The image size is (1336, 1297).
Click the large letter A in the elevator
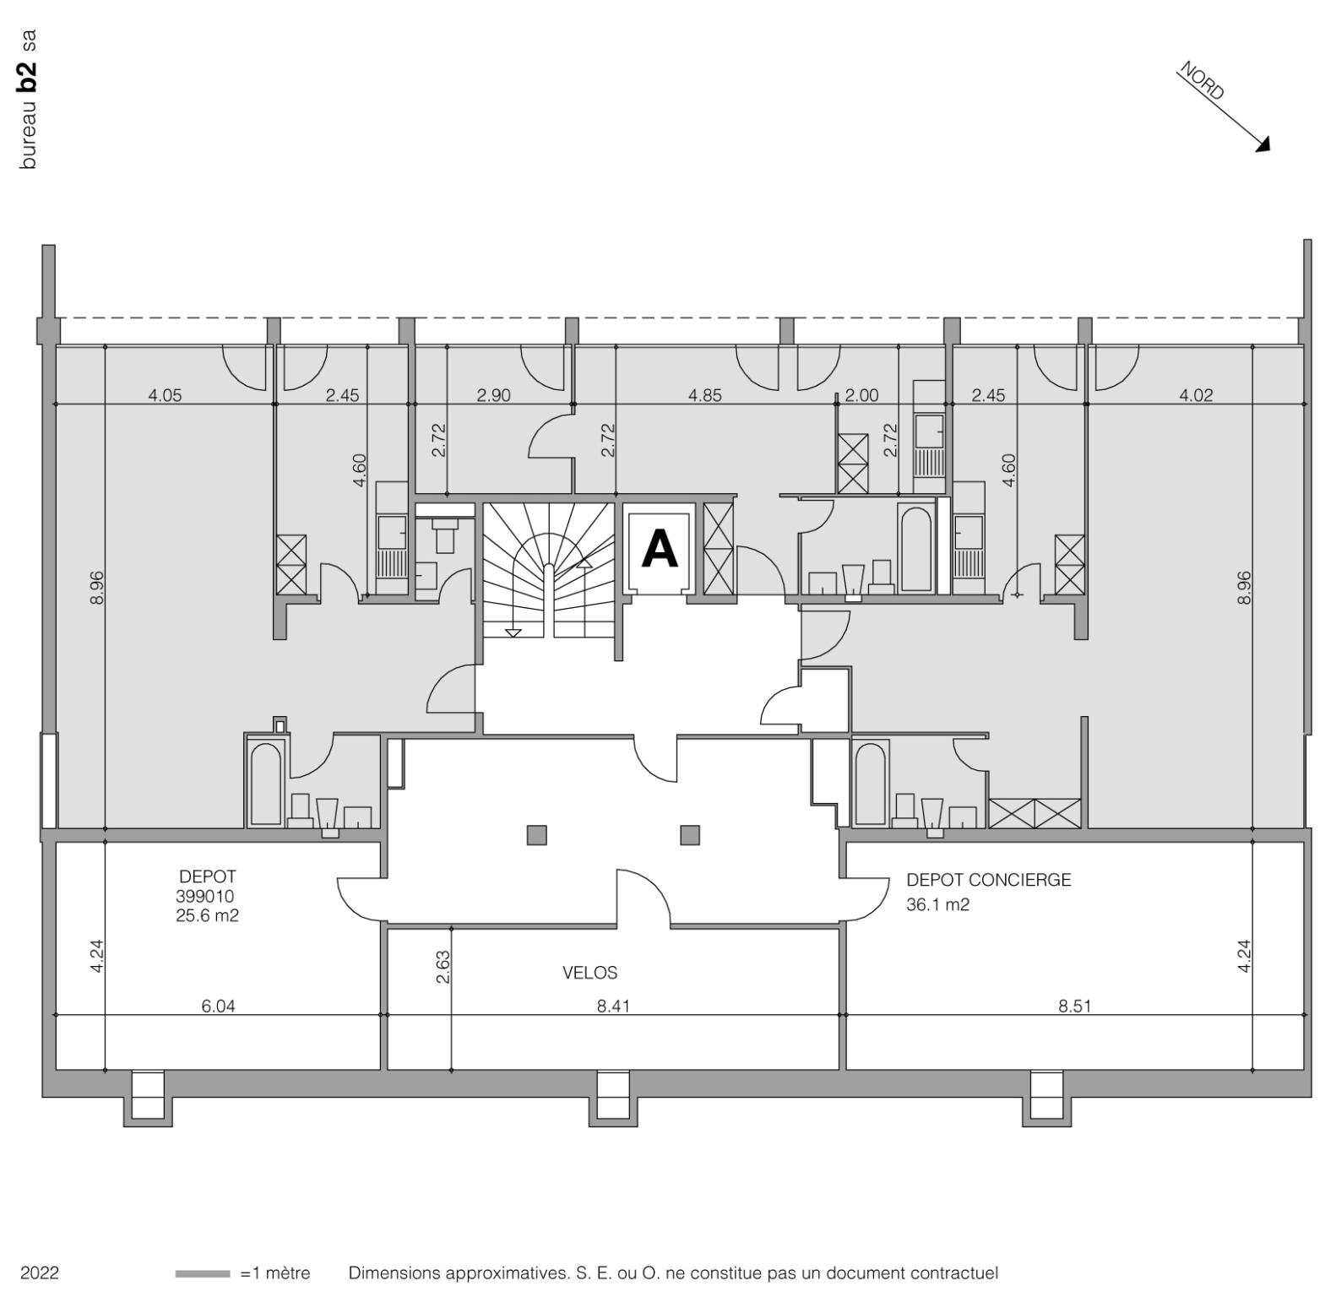[660, 549]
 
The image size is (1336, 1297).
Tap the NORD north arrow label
[1202, 83]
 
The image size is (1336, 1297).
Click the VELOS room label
[589, 973]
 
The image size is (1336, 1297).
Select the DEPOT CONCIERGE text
[988, 880]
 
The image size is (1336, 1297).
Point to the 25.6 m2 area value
[207, 914]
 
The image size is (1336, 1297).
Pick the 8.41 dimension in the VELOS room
[613, 1006]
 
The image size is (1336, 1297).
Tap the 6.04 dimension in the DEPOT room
[218, 1006]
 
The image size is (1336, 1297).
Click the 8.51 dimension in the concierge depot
[1074, 1006]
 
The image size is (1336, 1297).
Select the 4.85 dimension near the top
[705, 395]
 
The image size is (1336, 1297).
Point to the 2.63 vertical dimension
[443, 967]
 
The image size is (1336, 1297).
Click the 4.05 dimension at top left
[165, 395]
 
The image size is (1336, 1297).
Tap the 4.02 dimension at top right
[1196, 395]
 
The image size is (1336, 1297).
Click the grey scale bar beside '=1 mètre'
[203, 1273]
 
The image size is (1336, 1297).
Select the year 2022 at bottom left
[40, 1273]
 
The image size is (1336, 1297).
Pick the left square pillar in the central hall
[536, 835]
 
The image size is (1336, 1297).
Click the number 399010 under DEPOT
[205, 896]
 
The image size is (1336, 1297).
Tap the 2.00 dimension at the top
[861, 395]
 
